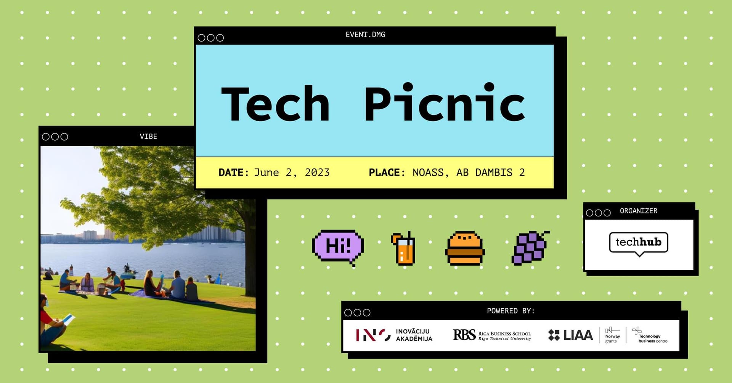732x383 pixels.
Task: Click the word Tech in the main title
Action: click(x=275, y=103)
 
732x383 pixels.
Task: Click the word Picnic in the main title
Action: click(x=445, y=102)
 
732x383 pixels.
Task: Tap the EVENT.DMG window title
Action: click(x=365, y=35)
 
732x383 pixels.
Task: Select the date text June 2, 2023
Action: click(x=292, y=173)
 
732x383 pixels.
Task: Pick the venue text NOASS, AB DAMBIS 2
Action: click(x=469, y=173)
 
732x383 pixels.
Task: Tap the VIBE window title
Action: click(x=148, y=136)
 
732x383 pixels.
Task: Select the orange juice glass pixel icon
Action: click(x=403, y=248)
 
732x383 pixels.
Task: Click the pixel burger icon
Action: click(x=465, y=248)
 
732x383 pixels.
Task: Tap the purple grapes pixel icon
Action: click(x=530, y=248)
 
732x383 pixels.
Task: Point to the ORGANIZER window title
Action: click(x=639, y=211)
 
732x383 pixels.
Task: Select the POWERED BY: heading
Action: click(x=510, y=311)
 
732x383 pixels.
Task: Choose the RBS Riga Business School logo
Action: click(x=492, y=335)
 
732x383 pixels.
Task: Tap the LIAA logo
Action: click(x=570, y=335)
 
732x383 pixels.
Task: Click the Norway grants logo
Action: click(x=612, y=335)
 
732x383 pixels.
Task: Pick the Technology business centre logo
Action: click(x=650, y=335)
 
